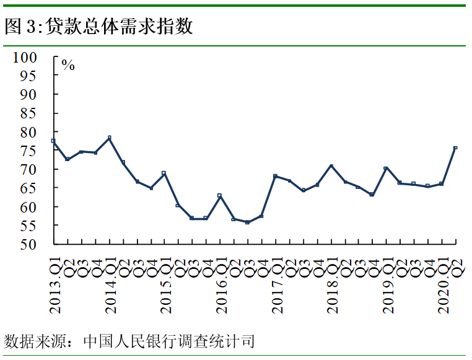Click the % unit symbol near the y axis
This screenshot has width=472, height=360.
68,65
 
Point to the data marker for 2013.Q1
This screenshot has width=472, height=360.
53,141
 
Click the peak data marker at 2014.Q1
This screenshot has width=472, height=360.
109,138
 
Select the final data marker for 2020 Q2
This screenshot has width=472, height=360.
455,147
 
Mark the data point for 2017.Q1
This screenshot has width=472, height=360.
275,176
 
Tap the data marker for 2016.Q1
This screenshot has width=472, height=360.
220,195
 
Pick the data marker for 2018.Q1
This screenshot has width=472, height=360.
331,165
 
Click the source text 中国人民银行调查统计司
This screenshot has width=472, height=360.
168,341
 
